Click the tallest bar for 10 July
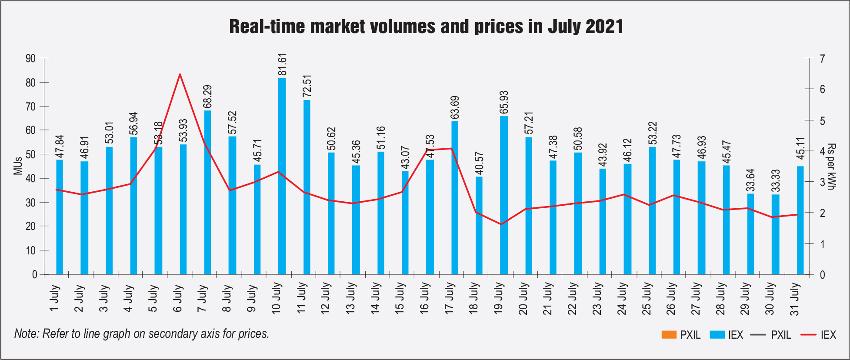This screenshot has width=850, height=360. (x=282, y=176)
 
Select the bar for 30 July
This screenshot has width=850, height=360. (x=775, y=234)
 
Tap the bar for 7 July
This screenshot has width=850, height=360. (x=207, y=192)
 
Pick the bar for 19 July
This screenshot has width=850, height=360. (x=504, y=195)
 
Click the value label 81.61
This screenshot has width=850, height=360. (x=282, y=64)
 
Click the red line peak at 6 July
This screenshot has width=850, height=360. (x=180, y=74)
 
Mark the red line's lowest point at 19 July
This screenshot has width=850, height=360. (x=501, y=224)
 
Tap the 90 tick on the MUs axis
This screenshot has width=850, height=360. (x=31, y=58)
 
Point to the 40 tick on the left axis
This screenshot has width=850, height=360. (x=31, y=178)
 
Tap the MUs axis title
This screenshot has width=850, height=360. (x=18, y=166)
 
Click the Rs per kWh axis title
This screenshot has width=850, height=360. (x=831, y=166)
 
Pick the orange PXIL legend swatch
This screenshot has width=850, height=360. (x=669, y=335)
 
